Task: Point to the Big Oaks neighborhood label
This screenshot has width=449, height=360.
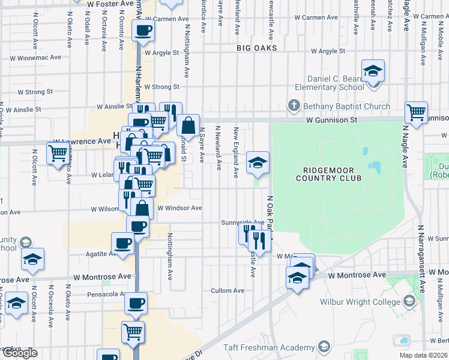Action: pos(257,47)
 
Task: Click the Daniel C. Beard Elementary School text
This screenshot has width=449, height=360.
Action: pos(336,83)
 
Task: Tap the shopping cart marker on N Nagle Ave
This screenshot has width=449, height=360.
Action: pos(416,112)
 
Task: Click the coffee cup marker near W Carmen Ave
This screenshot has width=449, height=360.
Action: pos(143,31)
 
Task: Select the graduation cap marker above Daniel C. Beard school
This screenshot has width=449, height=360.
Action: pos(373,71)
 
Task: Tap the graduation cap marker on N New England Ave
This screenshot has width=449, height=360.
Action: pos(258,162)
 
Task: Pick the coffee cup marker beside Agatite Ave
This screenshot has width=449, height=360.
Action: pos(123,243)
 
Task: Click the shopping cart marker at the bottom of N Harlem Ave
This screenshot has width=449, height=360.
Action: pos(133,331)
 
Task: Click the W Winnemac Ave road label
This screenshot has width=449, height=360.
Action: pos(36,58)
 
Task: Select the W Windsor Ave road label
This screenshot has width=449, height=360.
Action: pos(179,208)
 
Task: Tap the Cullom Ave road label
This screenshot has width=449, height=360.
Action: pos(228,291)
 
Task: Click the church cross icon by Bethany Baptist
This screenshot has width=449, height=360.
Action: pos(294,106)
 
